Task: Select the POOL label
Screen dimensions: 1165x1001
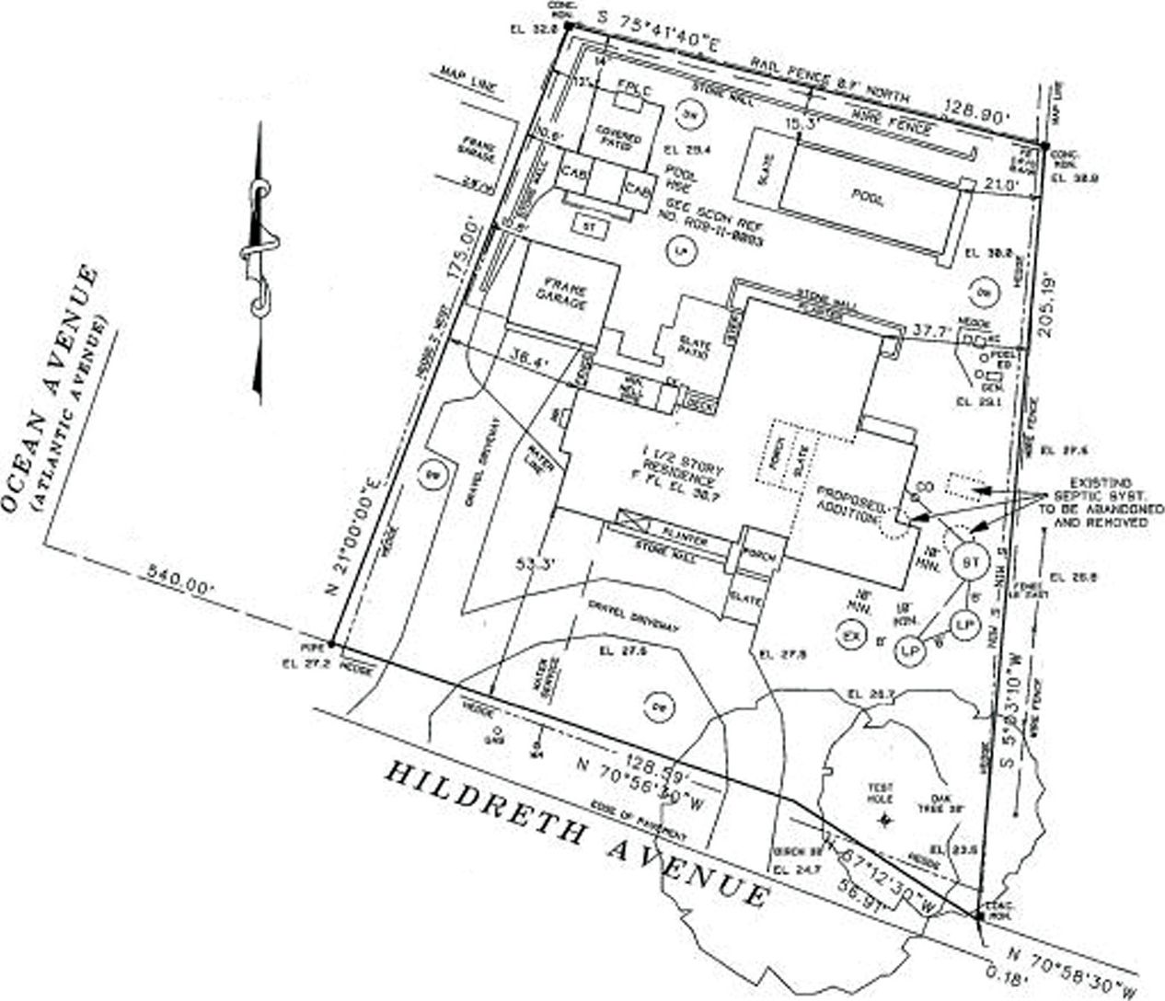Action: pos(866,198)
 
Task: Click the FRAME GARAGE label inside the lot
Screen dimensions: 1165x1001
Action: pos(564,293)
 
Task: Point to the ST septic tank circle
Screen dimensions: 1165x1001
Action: pos(967,561)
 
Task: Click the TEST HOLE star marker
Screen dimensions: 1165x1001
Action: pos(885,818)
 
